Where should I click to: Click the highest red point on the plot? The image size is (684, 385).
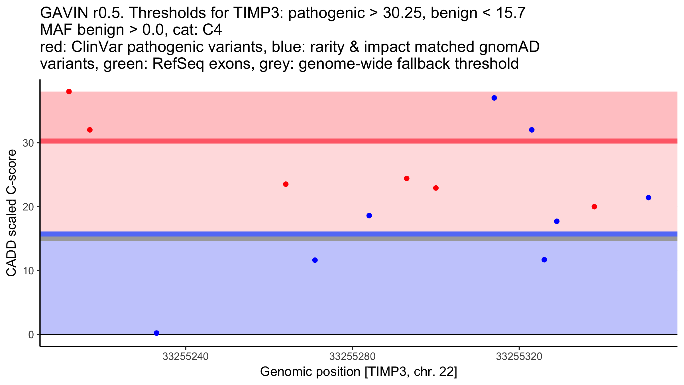(x=69, y=92)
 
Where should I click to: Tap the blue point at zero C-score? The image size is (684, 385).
(x=156, y=333)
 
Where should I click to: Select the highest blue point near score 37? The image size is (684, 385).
(x=494, y=98)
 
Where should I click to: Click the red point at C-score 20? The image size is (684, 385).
(x=594, y=207)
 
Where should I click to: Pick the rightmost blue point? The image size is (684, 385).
(x=648, y=198)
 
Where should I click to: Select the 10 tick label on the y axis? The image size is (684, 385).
(x=28, y=271)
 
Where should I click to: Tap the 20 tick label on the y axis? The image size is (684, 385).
(x=28, y=207)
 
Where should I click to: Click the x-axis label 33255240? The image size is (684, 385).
(x=186, y=357)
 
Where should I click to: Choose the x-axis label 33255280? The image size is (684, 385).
(x=352, y=357)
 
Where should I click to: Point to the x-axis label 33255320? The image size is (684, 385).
(x=519, y=357)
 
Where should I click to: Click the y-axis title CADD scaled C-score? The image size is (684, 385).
(x=11, y=213)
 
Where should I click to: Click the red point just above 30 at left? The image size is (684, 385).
(x=90, y=130)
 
